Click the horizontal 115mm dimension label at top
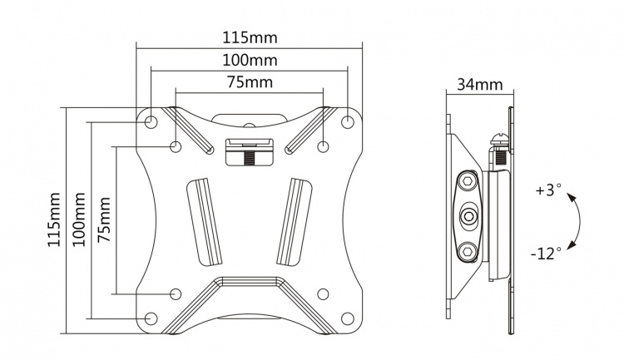click(250, 38)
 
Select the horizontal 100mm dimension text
click(250, 61)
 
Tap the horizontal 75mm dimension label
click(250, 82)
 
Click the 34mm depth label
click(479, 84)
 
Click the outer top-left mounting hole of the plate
click(151, 122)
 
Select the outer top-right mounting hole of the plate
click(348, 122)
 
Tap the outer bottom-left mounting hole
click(151, 318)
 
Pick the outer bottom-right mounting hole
click(348, 318)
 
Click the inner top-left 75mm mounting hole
click(176, 147)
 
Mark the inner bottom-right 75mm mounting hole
click(323, 293)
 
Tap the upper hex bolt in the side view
click(468, 180)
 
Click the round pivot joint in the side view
click(469, 219)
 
